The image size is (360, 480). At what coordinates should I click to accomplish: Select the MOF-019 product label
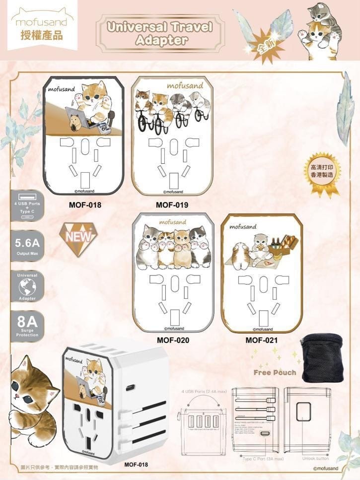pyautogui.click(x=172, y=204)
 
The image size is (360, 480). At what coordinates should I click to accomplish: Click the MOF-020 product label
pyautogui.click(x=173, y=341)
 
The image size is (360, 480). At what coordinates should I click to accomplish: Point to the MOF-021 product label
pyautogui.click(x=262, y=341)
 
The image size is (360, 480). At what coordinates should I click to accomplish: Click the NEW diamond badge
pyautogui.click(x=78, y=238)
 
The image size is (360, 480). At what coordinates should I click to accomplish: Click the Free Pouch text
pyautogui.click(x=275, y=372)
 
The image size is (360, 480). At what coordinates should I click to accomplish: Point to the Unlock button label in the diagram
pyautogui.click(x=315, y=458)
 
